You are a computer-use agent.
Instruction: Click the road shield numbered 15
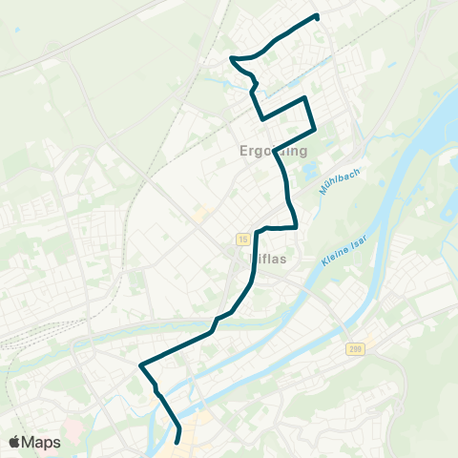pyautogui.click(x=244, y=237)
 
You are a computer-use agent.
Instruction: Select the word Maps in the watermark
pyautogui.click(x=42, y=442)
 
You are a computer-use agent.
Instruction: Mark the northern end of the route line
pyautogui.click(x=316, y=16)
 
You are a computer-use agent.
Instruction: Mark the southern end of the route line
pyautogui.click(x=178, y=441)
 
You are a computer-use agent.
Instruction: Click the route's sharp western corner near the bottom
pyautogui.click(x=141, y=365)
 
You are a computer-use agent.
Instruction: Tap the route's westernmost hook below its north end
pyautogui.click(x=232, y=59)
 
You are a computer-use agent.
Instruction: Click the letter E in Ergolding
pyautogui.click(x=240, y=151)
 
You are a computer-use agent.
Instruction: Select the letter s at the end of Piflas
pyautogui.click(x=284, y=257)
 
